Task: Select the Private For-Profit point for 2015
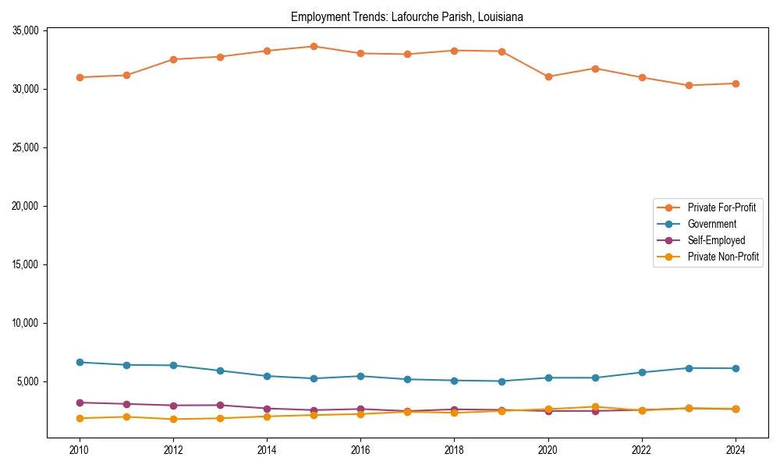pyautogui.click(x=314, y=46)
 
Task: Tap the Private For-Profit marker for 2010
pyautogui.click(x=80, y=77)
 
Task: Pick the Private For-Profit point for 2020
pyautogui.click(x=548, y=76)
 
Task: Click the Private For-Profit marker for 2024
pyautogui.click(x=736, y=83)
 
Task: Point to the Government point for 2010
pyautogui.click(x=80, y=362)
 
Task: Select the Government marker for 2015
pyautogui.click(x=314, y=378)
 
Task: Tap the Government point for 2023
pyautogui.click(x=689, y=367)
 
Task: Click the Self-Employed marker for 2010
pyautogui.click(x=80, y=402)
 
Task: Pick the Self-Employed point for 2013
pyautogui.click(x=220, y=405)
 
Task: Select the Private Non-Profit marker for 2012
pyautogui.click(x=173, y=419)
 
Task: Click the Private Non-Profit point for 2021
pyautogui.click(x=595, y=406)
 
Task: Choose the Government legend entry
pyautogui.click(x=711, y=224)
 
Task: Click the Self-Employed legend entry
pyautogui.click(x=716, y=240)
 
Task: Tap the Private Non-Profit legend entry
pyautogui.click(x=723, y=257)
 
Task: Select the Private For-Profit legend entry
pyautogui.click(x=721, y=207)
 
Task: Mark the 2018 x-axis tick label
pyautogui.click(x=454, y=450)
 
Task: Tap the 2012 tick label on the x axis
pyautogui.click(x=173, y=450)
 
